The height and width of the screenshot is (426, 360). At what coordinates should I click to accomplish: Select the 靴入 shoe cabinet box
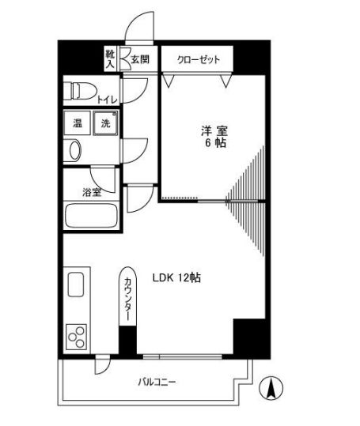coord(111,58)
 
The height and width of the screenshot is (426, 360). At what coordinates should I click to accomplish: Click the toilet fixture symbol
coord(78,89)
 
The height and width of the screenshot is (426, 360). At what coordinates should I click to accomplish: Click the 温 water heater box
coord(78,123)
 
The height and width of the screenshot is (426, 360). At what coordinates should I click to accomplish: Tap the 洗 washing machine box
coord(104,123)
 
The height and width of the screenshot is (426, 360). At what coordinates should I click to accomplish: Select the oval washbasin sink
coord(74,149)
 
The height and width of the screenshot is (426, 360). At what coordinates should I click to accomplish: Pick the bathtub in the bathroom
coord(90,217)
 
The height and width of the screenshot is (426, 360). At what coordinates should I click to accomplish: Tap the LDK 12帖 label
coord(176,278)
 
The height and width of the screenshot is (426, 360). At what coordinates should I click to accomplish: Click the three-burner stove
coord(78,338)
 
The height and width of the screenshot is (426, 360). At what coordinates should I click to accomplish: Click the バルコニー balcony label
coord(157,383)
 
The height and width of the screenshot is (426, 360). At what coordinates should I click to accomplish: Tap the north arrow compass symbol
coord(272,388)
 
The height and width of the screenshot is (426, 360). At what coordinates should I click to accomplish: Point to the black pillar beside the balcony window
coord(248,337)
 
